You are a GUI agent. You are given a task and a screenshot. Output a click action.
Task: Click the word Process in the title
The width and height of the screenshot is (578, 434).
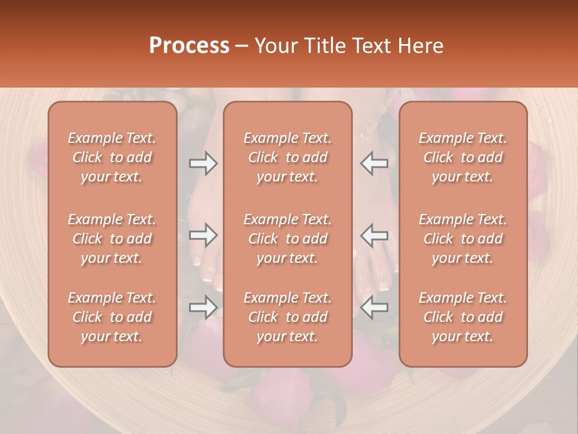point(189,46)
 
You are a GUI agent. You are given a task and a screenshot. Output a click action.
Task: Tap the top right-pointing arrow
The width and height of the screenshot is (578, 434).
point(203,163)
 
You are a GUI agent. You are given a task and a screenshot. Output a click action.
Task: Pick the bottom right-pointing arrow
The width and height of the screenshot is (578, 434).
point(203,307)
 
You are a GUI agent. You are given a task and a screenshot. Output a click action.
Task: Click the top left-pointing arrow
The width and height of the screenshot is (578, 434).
point(374,163)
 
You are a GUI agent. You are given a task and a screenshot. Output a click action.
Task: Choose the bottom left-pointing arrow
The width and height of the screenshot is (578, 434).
point(374,307)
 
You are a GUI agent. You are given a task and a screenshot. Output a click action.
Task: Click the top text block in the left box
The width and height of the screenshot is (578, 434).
point(112,157)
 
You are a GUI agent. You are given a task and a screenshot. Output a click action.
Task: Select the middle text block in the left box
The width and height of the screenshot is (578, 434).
point(112,239)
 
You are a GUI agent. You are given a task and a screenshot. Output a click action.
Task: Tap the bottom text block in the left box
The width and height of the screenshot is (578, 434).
point(112,317)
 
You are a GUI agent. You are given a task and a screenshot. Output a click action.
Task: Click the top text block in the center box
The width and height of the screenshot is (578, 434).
point(288,157)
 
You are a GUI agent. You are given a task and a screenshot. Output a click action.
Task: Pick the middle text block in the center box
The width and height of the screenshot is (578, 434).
point(288,239)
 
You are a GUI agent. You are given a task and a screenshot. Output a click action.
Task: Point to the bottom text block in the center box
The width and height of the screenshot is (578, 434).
point(288,317)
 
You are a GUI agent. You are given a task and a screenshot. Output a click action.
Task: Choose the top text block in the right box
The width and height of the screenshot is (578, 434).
point(463,157)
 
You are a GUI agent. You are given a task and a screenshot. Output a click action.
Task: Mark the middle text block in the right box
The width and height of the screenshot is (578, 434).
point(463,239)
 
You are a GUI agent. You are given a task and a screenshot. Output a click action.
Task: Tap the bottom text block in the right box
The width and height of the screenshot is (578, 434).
point(463,317)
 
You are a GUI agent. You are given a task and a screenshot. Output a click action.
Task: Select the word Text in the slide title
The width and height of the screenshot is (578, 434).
point(373,46)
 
